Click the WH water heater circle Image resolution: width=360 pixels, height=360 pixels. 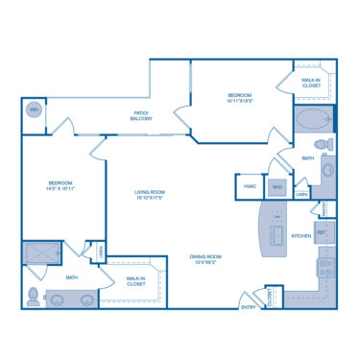pos(35,108)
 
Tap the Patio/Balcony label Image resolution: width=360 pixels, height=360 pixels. pos(142,115)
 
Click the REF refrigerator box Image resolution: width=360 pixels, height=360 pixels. pos(323,231)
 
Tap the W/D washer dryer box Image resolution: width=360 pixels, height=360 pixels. pos(277,186)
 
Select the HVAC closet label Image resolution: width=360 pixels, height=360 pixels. pos(250,186)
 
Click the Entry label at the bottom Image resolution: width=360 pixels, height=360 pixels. pos(249,307)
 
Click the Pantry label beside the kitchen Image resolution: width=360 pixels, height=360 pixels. pos(326,208)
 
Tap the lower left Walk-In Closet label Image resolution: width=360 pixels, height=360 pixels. pos(135,282)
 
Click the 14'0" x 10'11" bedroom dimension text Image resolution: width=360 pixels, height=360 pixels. pos(61,188)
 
